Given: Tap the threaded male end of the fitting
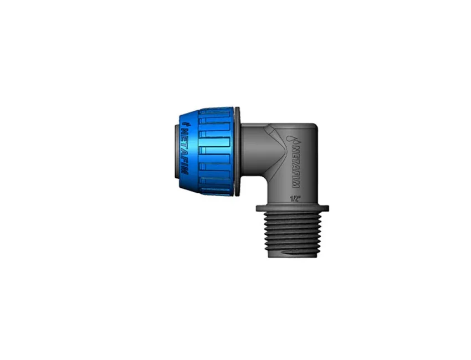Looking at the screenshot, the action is [293, 235].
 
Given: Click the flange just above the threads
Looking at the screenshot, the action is [292, 209].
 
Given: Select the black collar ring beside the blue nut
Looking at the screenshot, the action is [237, 152].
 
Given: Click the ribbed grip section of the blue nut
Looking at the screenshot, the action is [216, 151].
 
